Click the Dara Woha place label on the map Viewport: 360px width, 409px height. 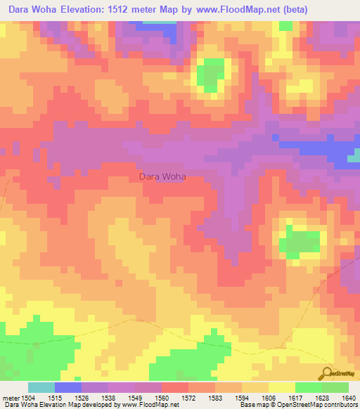162,176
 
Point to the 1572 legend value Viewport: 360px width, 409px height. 188,397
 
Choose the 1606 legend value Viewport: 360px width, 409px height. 268,397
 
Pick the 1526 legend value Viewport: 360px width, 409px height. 82,397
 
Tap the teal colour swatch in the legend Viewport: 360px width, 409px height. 41,387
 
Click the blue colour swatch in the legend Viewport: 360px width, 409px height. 67,387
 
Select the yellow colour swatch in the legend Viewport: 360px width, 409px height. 281,387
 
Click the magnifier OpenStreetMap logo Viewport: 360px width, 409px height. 327,373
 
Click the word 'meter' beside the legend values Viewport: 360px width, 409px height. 9,397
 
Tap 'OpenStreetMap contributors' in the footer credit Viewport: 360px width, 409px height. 323,405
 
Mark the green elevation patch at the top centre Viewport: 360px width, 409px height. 211,73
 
